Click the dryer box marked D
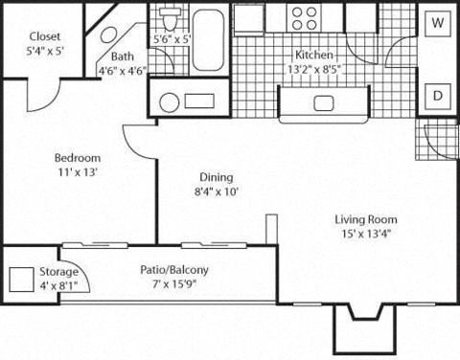click(x=437, y=96)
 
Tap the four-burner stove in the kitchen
click(x=306, y=19)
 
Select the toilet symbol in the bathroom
click(x=170, y=18)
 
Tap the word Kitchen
click(x=314, y=55)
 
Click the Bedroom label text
click(x=79, y=158)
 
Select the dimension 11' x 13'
click(x=79, y=172)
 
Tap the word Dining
click(x=217, y=177)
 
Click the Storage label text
click(x=59, y=272)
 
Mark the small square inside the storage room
click(x=22, y=280)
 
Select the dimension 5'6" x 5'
click(x=172, y=40)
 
